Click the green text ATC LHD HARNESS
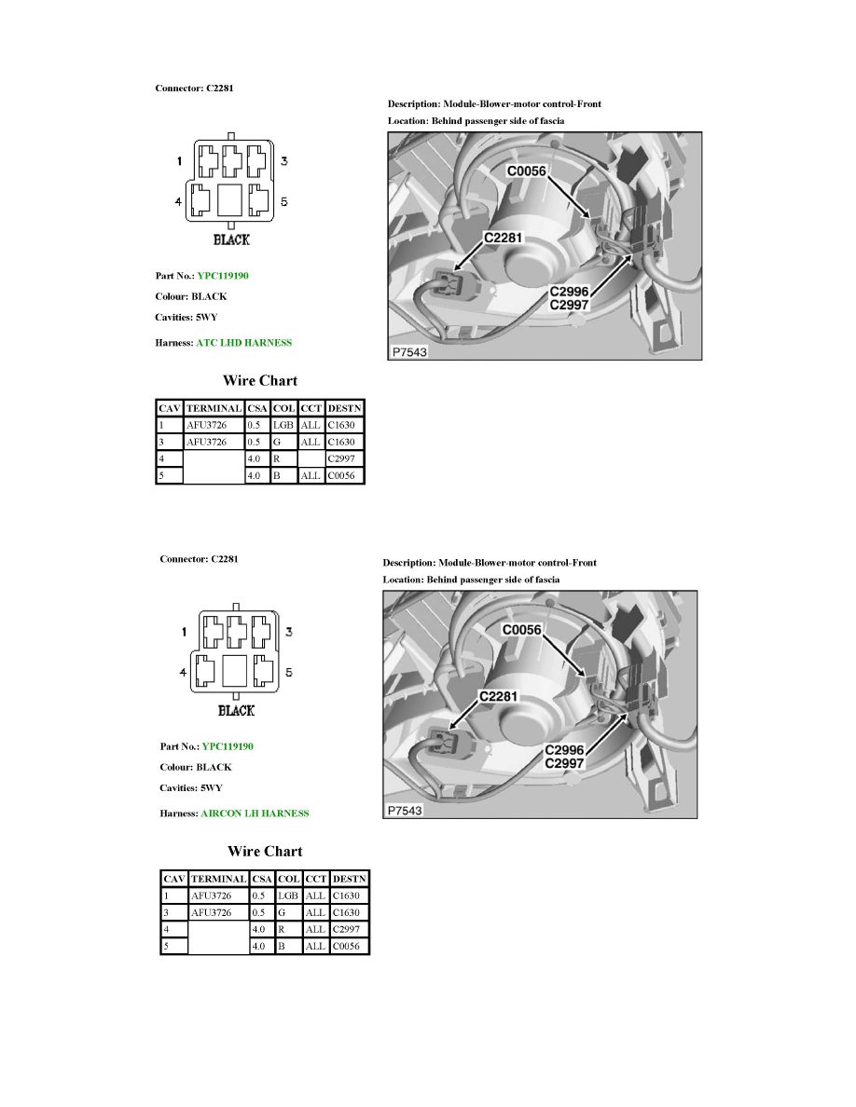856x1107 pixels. click(243, 343)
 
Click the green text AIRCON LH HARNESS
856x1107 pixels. click(255, 813)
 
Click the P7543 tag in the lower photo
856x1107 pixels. click(404, 811)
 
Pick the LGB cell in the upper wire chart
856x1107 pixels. click(283, 425)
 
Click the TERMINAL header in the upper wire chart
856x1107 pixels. click(214, 408)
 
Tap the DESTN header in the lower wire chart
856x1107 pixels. click(350, 879)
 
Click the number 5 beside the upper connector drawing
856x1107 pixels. click(283, 201)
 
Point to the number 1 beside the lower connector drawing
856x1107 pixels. click(184, 633)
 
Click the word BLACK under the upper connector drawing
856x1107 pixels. click(231, 239)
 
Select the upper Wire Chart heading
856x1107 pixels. click(260, 380)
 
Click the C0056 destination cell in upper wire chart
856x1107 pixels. click(344, 475)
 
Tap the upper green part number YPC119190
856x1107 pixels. click(223, 276)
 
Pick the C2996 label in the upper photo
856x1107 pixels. click(569, 291)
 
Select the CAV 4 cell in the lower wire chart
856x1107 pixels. click(173, 929)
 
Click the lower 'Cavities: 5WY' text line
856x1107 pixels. click(190, 787)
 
